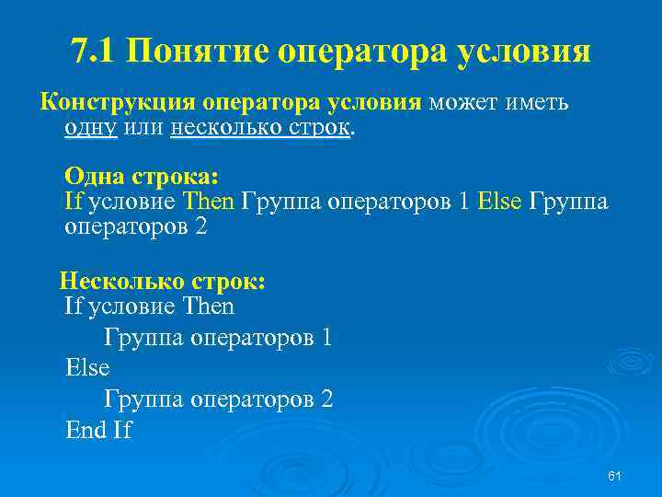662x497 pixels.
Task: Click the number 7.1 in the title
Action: (94, 51)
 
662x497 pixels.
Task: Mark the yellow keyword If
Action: (74, 202)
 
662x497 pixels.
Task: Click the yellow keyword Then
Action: (210, 202)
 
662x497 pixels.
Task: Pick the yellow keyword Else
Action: (499, 202)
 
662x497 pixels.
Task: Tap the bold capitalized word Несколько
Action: (122, 280)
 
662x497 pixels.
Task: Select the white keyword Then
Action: (209, 306)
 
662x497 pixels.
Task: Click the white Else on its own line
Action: (87, 368)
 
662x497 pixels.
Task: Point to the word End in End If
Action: (86, 430)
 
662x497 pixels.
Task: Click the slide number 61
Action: (615, 475)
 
